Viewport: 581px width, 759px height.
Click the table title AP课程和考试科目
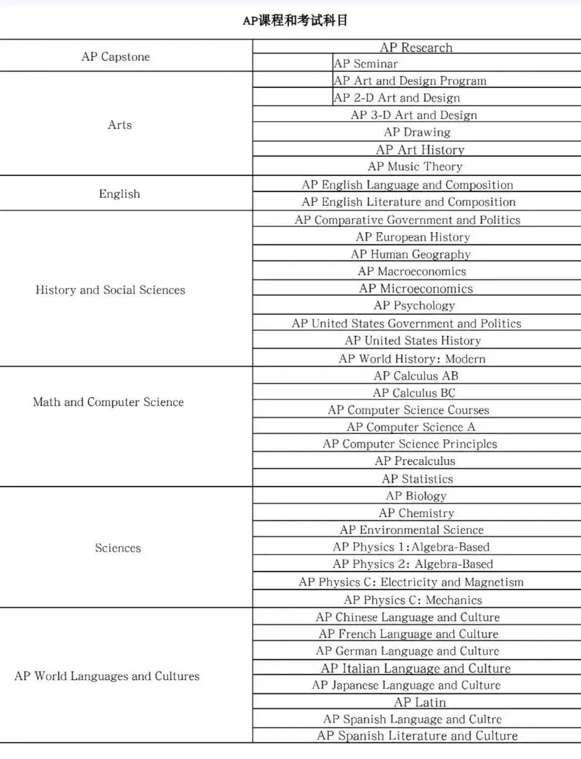(295, 20)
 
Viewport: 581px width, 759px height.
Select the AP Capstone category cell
(115, 56)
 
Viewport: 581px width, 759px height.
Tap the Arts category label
(119, 125)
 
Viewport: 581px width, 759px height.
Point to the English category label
(119, 193)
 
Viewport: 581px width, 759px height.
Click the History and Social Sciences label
(110, 290)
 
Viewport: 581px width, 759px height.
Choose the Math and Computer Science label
(108, 402)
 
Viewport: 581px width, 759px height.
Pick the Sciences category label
(118, 548)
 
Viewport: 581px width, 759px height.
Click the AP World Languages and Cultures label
(107, 676)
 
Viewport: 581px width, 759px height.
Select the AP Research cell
(416, 47)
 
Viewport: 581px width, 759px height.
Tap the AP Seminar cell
(366, 63)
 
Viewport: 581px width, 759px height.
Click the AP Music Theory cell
(415, 166)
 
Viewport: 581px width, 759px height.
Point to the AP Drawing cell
(417, 132)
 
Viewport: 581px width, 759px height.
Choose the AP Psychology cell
(414, 305)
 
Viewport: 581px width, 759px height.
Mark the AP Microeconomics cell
(415, 288)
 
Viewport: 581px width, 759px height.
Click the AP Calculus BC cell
(414, 393)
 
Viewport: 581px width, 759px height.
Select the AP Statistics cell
(417, 479)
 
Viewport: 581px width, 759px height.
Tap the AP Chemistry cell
(416, 513)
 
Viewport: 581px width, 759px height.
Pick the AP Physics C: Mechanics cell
(413, 600)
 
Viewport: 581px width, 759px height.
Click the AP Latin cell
(420, 703)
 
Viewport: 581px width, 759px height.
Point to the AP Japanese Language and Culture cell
(406, 685)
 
